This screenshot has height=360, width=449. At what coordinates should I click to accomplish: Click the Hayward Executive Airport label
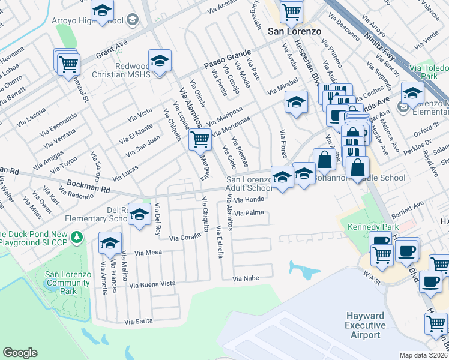[366, 325]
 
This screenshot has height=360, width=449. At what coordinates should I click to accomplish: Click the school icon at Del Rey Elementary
[140, 214]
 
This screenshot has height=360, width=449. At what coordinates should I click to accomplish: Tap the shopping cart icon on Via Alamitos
[200, 140]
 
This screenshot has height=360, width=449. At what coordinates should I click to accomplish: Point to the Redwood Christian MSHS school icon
[159, 61]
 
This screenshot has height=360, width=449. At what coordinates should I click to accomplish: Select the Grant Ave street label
[112, 48]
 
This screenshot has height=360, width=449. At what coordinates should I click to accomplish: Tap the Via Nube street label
[246, 278]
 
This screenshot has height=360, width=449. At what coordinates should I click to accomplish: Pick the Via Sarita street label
[139, 322]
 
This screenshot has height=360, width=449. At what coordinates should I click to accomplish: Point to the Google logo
[20, 353]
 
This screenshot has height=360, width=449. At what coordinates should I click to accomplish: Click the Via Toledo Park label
[428, 73]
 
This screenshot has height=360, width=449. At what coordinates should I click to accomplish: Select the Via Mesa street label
[149, 253]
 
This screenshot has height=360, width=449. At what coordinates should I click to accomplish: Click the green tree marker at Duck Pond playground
[76, 238]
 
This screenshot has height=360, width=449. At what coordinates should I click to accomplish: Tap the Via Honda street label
[249, 200]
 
